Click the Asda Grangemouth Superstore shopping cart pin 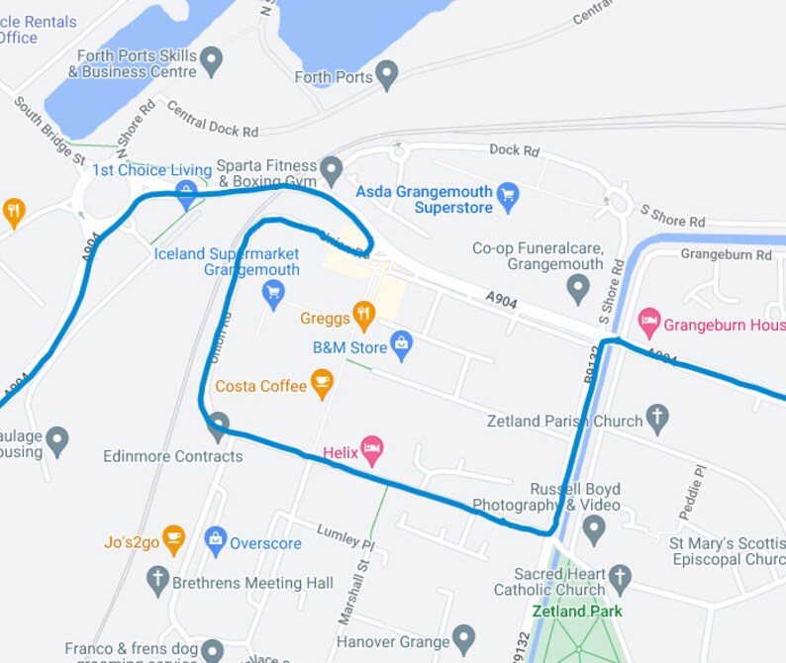(508, 193)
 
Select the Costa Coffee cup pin (322, 384)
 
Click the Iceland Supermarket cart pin (273, 292)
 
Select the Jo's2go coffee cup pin (174, 540)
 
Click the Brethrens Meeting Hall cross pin (157, 581)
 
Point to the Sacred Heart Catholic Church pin (620, 576)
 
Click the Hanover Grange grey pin (463, 640)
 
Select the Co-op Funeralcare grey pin (579, 290)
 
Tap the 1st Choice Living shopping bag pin (185, 194)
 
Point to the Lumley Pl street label (345, 536)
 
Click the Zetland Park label (577, 611)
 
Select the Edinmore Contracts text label (172, 456)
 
